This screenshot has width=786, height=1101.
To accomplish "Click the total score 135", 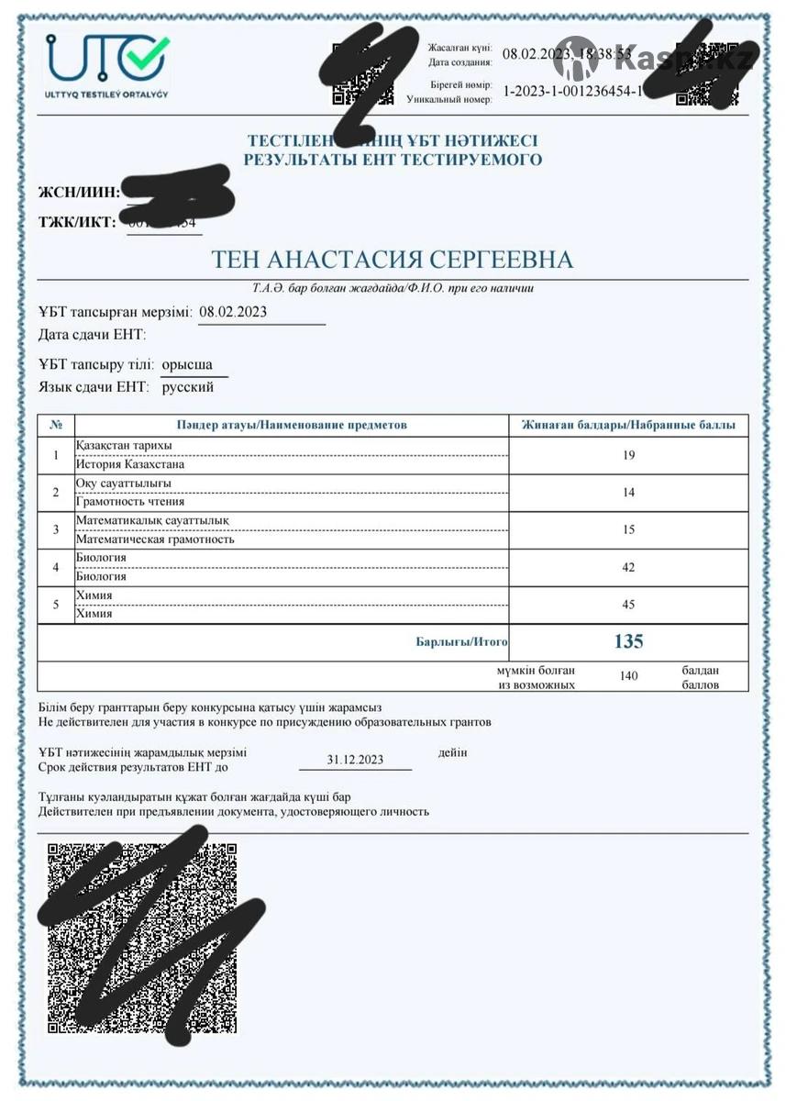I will [x=628, y=641].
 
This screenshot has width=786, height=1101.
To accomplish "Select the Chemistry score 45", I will [x=628, y=605].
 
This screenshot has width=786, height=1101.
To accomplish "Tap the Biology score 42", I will [x=628, y=567].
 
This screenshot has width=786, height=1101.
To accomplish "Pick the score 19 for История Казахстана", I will [x=628, y=455].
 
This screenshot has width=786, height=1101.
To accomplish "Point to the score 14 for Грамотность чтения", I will [x=628, y=493].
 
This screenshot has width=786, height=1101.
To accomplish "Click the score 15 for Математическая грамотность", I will [x=628, y=529].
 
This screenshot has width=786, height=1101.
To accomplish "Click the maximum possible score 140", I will [x=628, y=676].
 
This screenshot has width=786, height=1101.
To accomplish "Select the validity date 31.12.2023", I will [x=355, y=760].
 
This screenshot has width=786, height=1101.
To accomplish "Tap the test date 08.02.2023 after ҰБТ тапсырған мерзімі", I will [x=233, y=312].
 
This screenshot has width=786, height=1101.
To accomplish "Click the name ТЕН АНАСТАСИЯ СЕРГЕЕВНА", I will [x=393, y=260].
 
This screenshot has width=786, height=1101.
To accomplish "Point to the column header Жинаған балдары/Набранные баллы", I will [x=628, y=425].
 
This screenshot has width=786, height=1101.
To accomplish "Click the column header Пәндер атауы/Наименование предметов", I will [x=292, y=425].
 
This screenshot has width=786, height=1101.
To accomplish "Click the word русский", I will [x=188, y=387].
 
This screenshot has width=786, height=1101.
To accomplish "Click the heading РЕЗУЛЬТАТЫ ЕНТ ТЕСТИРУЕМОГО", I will [x=393, y=161].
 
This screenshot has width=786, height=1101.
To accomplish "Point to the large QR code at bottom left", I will [x=142, y=936].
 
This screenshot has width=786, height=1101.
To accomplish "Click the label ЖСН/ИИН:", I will [x=77, y=193].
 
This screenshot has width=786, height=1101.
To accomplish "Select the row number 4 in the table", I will [x=56, y=567].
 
